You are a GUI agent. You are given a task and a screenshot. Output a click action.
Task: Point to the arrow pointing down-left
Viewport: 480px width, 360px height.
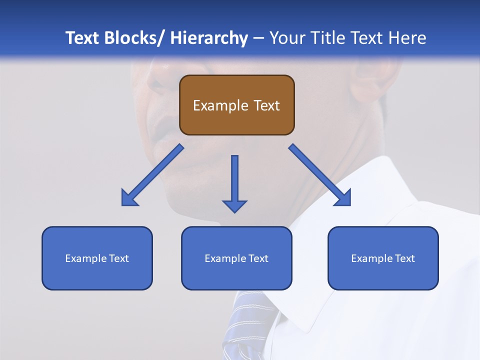pyautogui.click(x=152, y=175)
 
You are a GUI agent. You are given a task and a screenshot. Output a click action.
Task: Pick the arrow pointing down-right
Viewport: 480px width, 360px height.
pyautogui.click(x=320, y=175)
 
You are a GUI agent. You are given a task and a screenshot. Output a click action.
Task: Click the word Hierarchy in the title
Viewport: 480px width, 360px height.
pyautogui.click(x=208, y=38)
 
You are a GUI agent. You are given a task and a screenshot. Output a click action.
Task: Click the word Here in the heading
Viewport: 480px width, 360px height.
pyautogui.click(x=407, y=38)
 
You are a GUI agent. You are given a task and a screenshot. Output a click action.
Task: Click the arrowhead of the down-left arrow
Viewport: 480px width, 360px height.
pyautogui.click(x=128, y=199)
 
